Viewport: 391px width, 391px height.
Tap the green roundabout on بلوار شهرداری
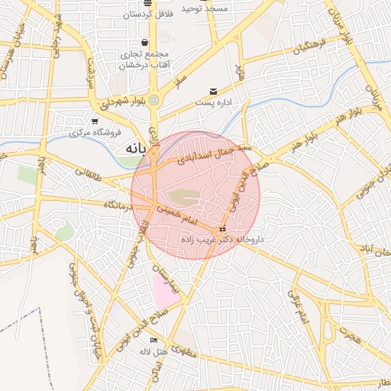153,99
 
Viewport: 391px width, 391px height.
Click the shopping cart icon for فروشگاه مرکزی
95,121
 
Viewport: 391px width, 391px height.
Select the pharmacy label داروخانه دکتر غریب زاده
222,239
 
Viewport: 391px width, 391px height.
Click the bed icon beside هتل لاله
153,341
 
